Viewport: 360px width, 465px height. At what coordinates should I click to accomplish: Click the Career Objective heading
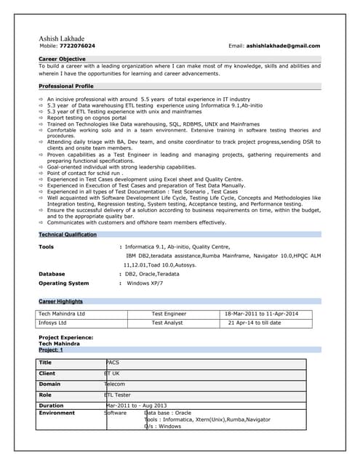pos(62,58)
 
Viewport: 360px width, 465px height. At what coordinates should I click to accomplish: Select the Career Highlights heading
pos(60,301)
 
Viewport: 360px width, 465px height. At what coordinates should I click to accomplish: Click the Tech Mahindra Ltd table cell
pos(62,313)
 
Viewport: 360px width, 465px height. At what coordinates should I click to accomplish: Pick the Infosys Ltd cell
pos(52,322)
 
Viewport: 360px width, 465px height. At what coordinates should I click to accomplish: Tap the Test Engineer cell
pos(169,313)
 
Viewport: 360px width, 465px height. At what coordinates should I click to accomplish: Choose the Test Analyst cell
pos(167,322)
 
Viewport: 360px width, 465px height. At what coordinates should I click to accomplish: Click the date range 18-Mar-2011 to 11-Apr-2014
pos(262,313)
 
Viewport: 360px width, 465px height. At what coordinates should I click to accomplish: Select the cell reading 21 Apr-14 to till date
pos(254,322)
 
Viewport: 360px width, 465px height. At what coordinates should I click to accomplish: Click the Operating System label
pos(63,283)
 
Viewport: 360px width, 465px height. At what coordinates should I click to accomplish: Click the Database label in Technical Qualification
pos(52,274)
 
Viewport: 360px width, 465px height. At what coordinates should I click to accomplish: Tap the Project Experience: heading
pos(65,338)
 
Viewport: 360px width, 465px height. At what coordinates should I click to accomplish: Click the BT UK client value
pos(113,373)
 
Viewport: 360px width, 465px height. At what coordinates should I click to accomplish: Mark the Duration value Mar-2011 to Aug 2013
pos(137,405)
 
